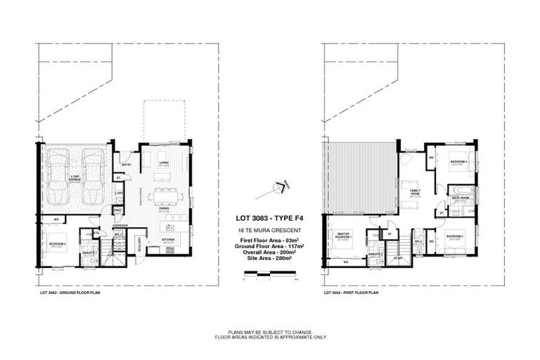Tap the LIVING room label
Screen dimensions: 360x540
pos(164,163)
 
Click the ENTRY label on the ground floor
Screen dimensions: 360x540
pos(127,165)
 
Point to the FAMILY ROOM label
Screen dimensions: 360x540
pos(414,193)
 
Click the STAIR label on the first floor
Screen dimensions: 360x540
pos(397,258)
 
